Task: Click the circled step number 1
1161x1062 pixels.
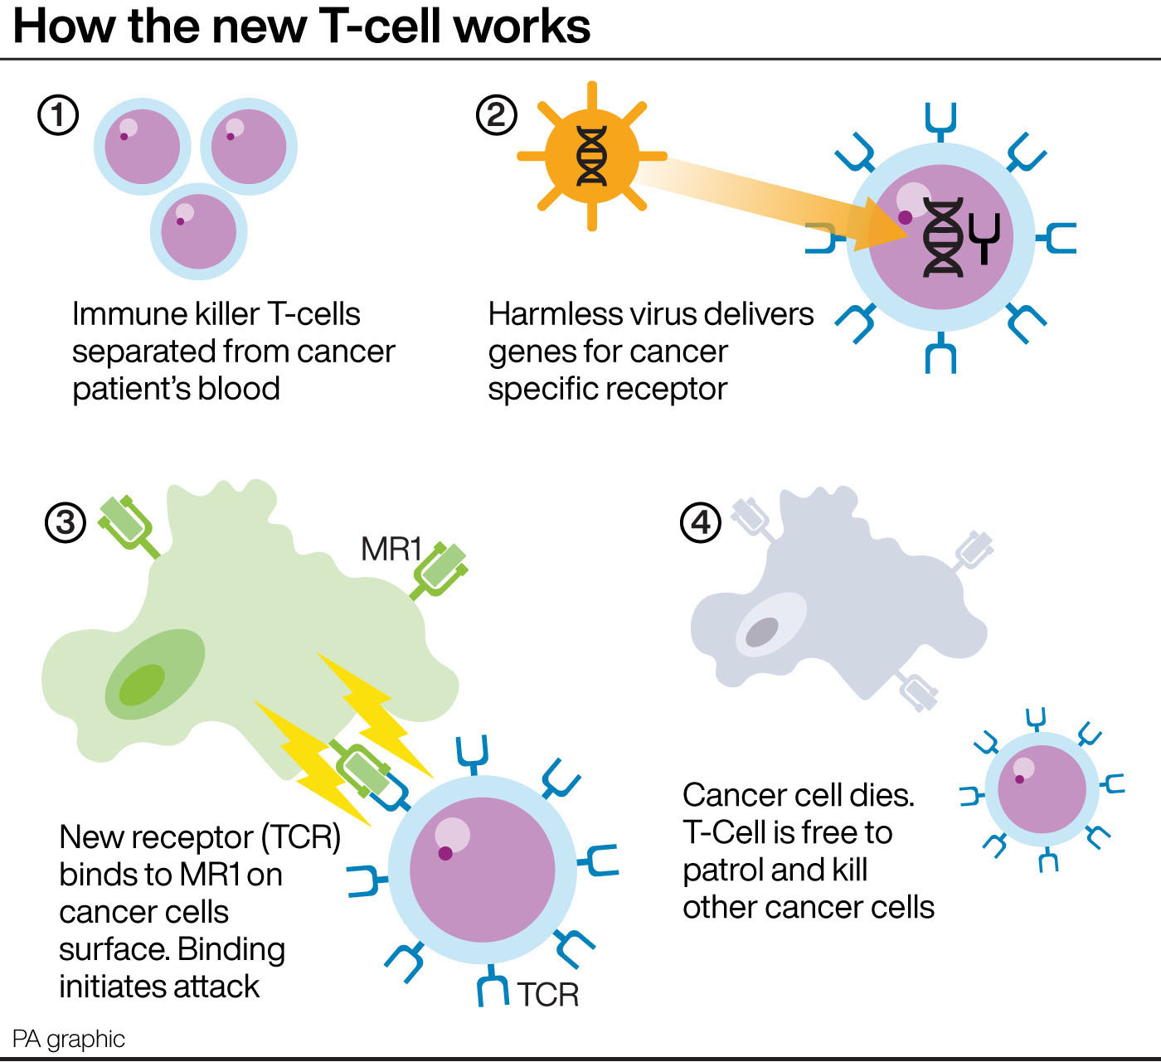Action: [59, 115]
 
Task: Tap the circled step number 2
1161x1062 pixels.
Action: [496, 115]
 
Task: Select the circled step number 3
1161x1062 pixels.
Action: [66, 523]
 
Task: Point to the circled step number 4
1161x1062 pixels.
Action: [701, 523]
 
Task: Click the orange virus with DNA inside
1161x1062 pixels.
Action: [591, 156]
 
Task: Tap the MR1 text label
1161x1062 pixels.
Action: [391, 549]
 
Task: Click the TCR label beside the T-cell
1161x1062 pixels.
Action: [547, 994]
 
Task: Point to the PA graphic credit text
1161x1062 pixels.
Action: [69, 1039]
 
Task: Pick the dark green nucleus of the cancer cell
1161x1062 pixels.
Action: [142, 685]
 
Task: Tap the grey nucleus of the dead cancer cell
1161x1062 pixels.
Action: [762, 633]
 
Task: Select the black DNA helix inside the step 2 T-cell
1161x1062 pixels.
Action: [944, 237]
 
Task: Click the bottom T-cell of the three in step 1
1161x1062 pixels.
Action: [199, 231]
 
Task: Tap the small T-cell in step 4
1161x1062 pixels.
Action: [1042, 788]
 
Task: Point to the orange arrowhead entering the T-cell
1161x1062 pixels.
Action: [883, 225]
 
